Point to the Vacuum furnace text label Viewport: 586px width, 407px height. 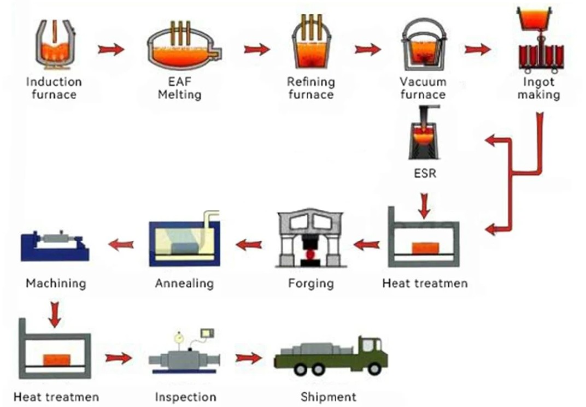click(423, 88)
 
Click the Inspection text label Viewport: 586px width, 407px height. click(185, 397)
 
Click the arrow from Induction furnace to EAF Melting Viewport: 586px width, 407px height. click(111, 50)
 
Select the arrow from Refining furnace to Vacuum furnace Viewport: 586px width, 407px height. click(367, 50)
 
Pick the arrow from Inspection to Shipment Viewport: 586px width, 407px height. click(248, 358)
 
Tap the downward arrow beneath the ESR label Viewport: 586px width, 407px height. click(424, 203)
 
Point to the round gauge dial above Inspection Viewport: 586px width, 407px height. click(178, 338)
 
